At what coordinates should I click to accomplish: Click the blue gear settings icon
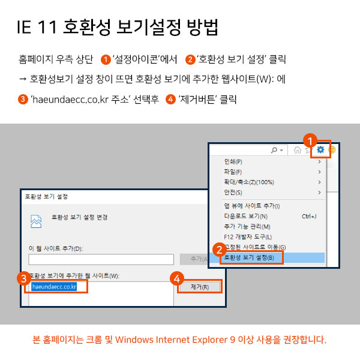click(x=320, y=149)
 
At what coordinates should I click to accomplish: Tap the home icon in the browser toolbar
click(x=298, y=150)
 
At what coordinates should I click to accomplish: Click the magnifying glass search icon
click(x=274, y=150)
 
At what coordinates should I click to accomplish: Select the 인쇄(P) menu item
click(x=233, y=161)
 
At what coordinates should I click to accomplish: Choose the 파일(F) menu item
click(x=233, y=172)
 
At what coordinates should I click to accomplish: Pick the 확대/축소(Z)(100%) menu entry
click(x=249, y=182)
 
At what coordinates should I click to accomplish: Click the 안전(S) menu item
click(x=233, y=193)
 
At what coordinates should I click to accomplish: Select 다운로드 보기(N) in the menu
click(x=246, y=216)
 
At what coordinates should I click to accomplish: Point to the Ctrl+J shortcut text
click(x=309, y=216)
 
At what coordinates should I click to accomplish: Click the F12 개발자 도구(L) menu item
click(x=248, y=237)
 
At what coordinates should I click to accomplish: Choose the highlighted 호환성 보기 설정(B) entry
click(x=249, y=257)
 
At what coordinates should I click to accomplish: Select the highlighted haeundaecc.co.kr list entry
click(x=54, y=287)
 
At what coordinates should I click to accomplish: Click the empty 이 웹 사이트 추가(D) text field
click(x=101, y=259)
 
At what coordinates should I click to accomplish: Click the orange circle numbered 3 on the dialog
click(x=24, y=278)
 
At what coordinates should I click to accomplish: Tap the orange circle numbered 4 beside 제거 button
click(x=177, y=278)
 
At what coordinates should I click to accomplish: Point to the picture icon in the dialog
click(x=36, y=221)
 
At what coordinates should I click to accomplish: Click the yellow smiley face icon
click(x=332, y=149)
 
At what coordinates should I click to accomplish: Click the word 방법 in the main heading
click(x=203, y=28)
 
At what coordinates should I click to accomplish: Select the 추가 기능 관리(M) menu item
click(x=247, y=226)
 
